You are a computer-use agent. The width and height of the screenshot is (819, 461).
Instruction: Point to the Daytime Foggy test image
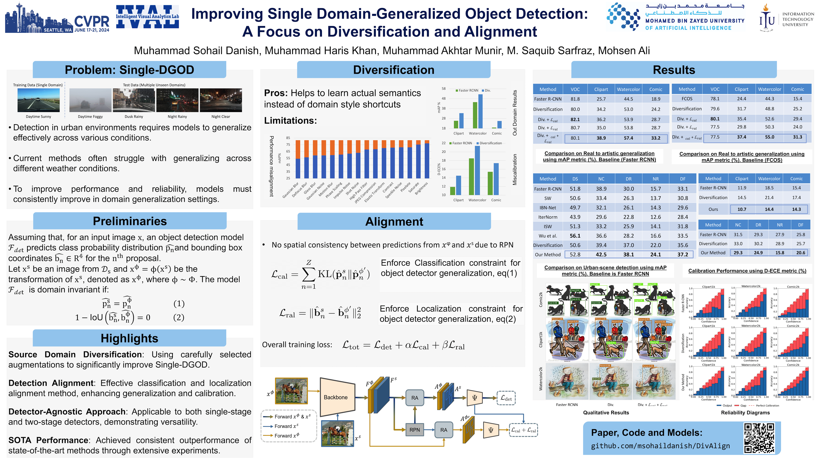click(x=90, y=100)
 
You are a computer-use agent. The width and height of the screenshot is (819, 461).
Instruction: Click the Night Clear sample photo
click(x=221, y=100)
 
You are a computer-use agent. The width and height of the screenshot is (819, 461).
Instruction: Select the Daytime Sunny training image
click(x=38, y=100)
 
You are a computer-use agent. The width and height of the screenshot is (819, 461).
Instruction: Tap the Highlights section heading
click(x=129, y=338)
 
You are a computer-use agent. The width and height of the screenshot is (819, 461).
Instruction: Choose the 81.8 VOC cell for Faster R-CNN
click(x=575, y=99)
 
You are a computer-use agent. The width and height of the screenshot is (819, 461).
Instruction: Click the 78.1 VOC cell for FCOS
click(x=715, y=99)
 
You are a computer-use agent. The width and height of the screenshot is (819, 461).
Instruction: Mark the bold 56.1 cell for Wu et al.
click(x=575, y=236)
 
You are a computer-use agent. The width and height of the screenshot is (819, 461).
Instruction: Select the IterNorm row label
click(x=548, y=217)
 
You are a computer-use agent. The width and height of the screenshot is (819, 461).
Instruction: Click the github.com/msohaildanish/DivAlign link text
click(x=660, y=446)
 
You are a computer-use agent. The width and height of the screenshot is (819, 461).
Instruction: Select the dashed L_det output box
click(x=506, y=398)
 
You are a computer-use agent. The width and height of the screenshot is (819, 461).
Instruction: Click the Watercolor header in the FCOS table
click(x=769, y=89)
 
